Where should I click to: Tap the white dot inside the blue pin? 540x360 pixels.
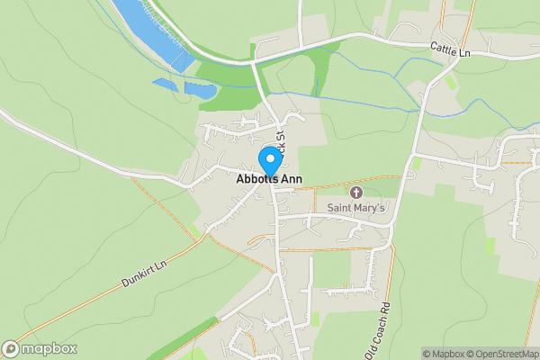[269, 157]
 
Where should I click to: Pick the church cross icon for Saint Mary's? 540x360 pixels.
[355, 193]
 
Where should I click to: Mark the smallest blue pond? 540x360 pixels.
[165, 85]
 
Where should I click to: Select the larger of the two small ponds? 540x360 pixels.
[200, 90]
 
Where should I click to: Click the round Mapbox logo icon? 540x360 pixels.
[12, 349]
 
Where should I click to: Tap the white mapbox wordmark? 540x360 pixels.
[46, 349]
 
